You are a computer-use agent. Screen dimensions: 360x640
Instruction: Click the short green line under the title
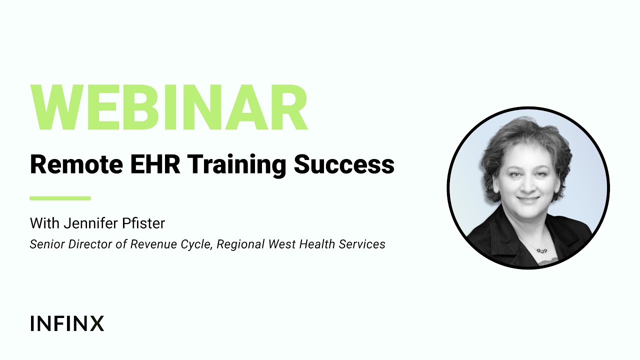pyautogui.click(x=60, y=198)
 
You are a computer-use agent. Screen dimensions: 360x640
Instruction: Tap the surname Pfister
pyautogui.click(x=144, y=223)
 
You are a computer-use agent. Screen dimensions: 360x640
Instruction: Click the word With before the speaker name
pyautogui.click(x=43, y=223)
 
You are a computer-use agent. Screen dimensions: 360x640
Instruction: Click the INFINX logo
pyautogui.click(x=67, y=323)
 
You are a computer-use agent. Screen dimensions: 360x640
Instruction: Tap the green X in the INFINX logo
pyautogui.click(x=97, y=323)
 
